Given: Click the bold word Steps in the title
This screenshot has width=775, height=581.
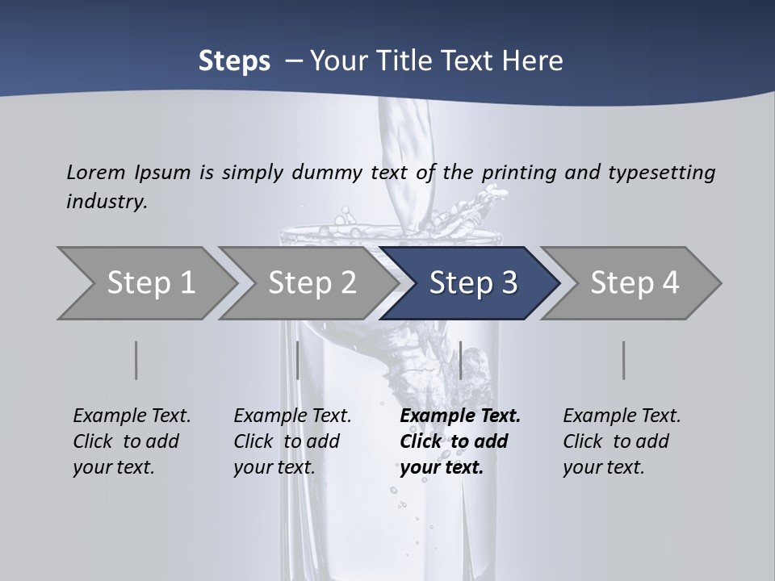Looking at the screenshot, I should pos(234,61).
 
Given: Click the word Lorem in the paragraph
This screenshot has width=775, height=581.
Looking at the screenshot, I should pos(96,172).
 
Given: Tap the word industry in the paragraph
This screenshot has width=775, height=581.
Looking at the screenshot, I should pos(106,201).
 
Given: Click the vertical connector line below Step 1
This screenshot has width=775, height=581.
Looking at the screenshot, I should pos(136,360).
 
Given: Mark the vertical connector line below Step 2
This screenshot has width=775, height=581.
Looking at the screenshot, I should pos(298,360).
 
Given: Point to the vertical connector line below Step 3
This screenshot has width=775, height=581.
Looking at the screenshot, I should pos(460,360).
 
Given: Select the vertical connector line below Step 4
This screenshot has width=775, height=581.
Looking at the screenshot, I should pos(624,360).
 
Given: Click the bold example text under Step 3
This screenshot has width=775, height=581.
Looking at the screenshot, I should pos(459,441).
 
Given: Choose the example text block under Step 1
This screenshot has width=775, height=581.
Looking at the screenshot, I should pos(132,441).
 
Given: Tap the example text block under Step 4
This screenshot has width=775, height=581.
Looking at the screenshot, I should pos(622,441).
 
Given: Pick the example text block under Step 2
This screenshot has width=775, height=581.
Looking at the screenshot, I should pos(292,441).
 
